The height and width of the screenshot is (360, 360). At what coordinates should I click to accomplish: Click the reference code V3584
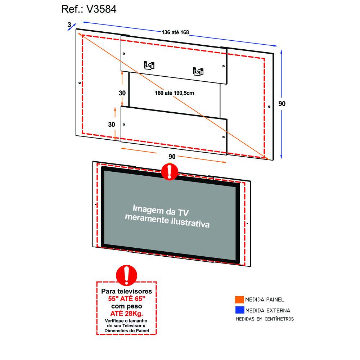point(101,9)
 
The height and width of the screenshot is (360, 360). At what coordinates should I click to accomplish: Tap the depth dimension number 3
point(69,24)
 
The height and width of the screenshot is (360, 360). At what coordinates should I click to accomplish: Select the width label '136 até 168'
point(175,32)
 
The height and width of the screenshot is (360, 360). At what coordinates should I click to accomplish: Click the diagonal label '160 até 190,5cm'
point(174,93)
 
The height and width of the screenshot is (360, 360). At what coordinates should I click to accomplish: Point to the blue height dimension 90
point(282,104)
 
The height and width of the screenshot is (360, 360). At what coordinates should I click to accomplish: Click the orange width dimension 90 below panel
point(172,157)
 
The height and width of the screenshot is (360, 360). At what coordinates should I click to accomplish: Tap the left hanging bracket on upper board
point(149,65)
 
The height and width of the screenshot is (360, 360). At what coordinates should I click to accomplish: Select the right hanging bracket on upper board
point(198,71)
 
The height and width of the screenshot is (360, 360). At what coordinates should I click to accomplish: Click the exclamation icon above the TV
point(170,171)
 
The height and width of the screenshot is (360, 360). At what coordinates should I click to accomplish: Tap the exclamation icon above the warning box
point(126,275)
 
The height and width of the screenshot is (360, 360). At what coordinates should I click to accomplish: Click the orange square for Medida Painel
point(239,300)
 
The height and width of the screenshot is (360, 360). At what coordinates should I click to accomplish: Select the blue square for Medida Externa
point(239,310)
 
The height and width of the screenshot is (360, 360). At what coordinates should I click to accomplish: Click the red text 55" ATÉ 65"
point(127,299)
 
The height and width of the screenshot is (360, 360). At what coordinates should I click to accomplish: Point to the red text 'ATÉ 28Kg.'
point(126,314)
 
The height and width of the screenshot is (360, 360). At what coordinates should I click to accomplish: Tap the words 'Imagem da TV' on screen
point(161,211)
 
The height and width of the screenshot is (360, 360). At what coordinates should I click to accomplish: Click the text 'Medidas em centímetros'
point(265,319)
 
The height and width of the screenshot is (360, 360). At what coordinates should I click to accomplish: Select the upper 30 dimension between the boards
point(122,93)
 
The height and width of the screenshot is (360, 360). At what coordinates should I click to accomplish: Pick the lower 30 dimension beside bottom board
point(112,125)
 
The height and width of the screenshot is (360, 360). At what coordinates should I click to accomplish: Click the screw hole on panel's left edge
point(80,83)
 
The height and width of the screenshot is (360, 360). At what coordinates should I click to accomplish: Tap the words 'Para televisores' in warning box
point(126,291)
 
